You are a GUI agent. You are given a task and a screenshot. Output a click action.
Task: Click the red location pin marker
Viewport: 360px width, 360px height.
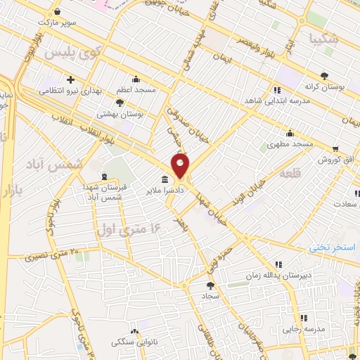pyautogui.click(x=181, y=167)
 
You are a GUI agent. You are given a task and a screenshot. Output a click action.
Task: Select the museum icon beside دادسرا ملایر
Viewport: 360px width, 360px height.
pyautogui.click(x=165, y=181)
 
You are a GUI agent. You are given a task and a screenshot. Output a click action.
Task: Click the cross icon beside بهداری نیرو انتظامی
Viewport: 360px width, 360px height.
pyautogui.click(x=70, y=79)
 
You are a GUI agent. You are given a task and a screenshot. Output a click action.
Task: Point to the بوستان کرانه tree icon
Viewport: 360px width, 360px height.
pyautogui.click(x=323, y=75)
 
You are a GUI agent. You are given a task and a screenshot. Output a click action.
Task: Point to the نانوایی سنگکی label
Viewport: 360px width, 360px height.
pyautogui.click(x=136, y=342)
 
